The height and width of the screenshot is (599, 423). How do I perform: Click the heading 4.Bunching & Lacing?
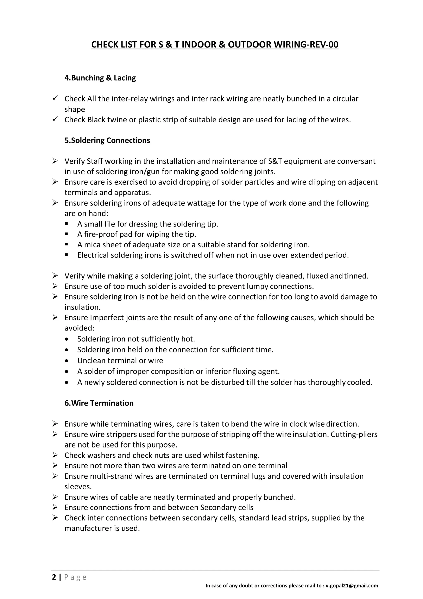[100, 78]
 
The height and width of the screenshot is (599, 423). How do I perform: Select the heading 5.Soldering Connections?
[107, 140]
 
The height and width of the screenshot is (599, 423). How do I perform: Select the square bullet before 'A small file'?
[67, 224]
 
